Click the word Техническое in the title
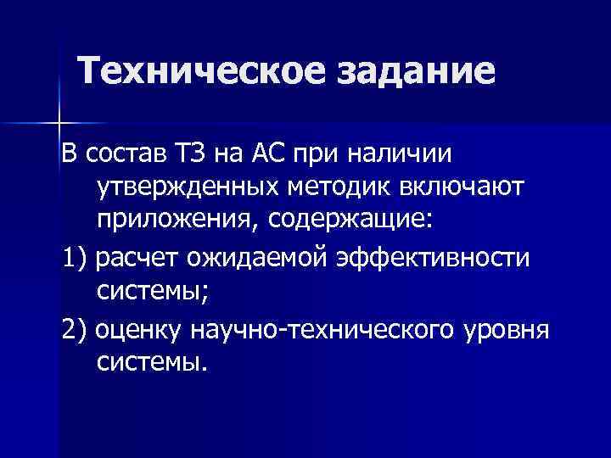[205, 70]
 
